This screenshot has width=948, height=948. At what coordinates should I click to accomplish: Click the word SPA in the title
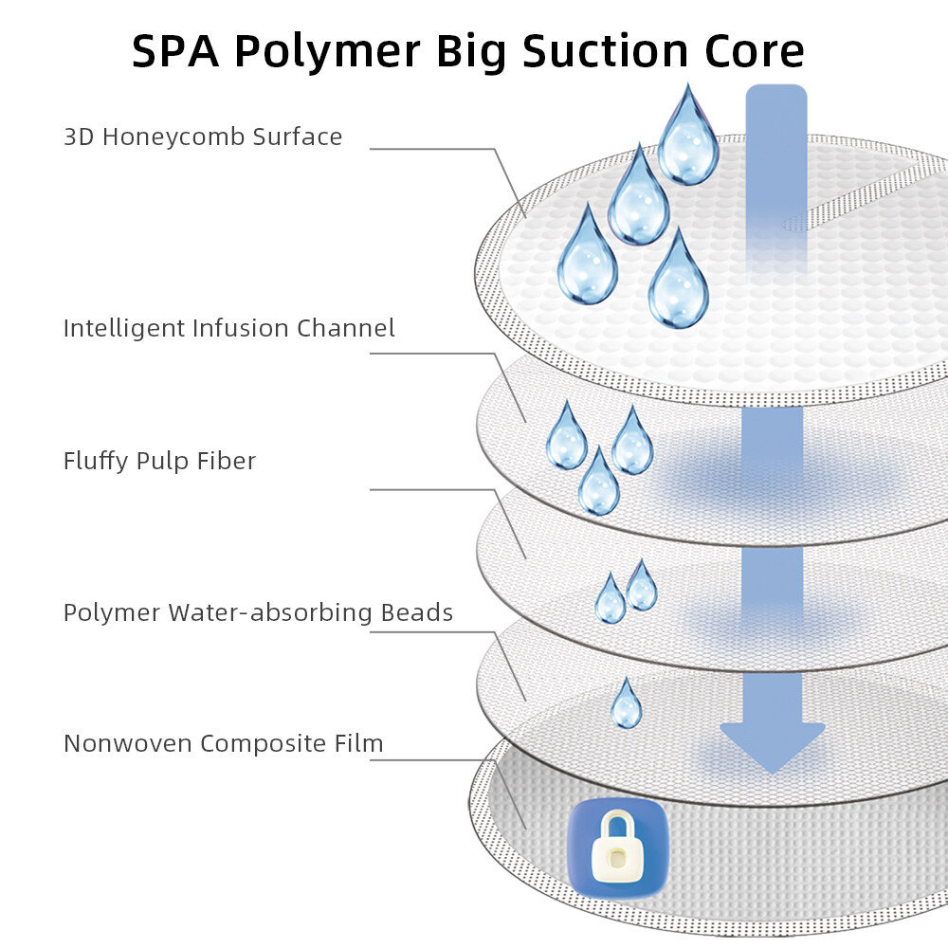(175, 51)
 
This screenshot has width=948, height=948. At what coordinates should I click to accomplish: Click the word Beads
(417, 612)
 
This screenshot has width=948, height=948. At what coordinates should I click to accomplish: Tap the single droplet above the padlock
(626, 704)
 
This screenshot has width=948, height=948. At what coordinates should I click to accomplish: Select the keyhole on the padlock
(616, 859)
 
